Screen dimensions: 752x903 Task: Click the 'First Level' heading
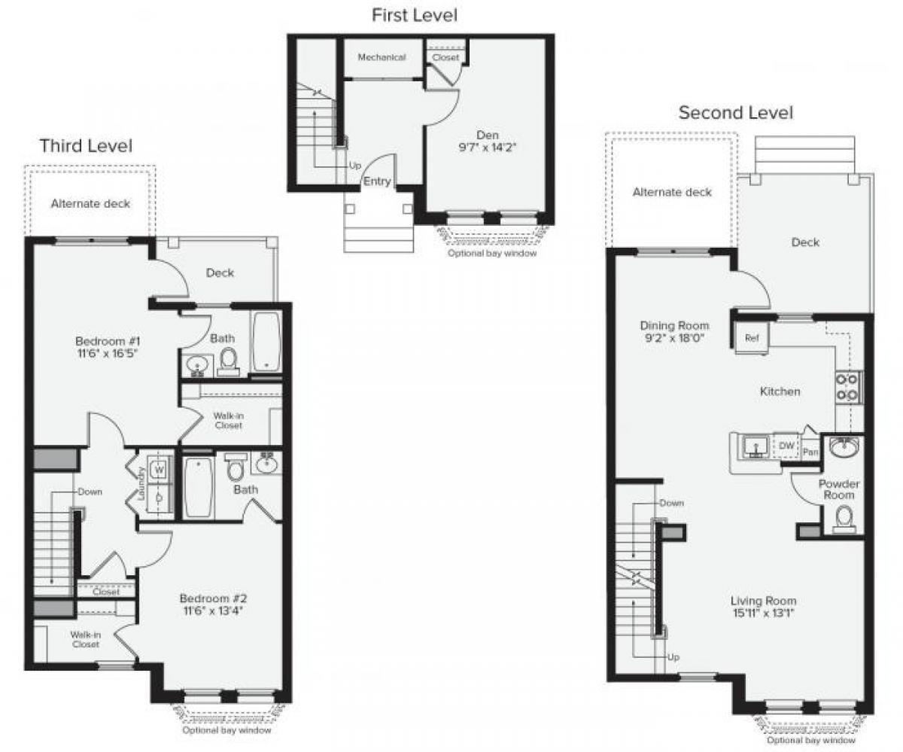[x=415, y=14]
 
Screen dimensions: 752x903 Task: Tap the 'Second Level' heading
[x=735, y=113]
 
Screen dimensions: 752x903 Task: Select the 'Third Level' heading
[x=86, y=145]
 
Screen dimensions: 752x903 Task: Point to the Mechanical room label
[x=382, y=57]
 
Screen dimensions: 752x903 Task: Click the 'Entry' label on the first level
[x=377, y=181]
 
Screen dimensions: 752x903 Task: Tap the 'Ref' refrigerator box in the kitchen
[x=751, y=338]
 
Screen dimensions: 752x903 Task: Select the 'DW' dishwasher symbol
[x=786, y=446]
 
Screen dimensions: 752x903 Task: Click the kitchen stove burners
[x=848, y=387]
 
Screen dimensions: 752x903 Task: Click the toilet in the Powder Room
[x=845, y=517]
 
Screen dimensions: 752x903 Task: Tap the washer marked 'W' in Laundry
[x=159, y=469]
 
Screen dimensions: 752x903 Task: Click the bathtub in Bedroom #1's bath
[x=266, y=343]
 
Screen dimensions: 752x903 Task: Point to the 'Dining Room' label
[x=674, y=326]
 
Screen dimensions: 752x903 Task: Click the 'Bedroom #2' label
[x=213, y=598]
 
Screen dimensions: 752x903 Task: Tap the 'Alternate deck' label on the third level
[x=90, y=203]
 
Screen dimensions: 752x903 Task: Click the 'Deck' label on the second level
[x=805, y=242]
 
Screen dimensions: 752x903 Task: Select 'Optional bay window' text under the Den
[x=491, y=253]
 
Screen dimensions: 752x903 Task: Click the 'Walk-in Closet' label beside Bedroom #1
[x=228, y=420]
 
